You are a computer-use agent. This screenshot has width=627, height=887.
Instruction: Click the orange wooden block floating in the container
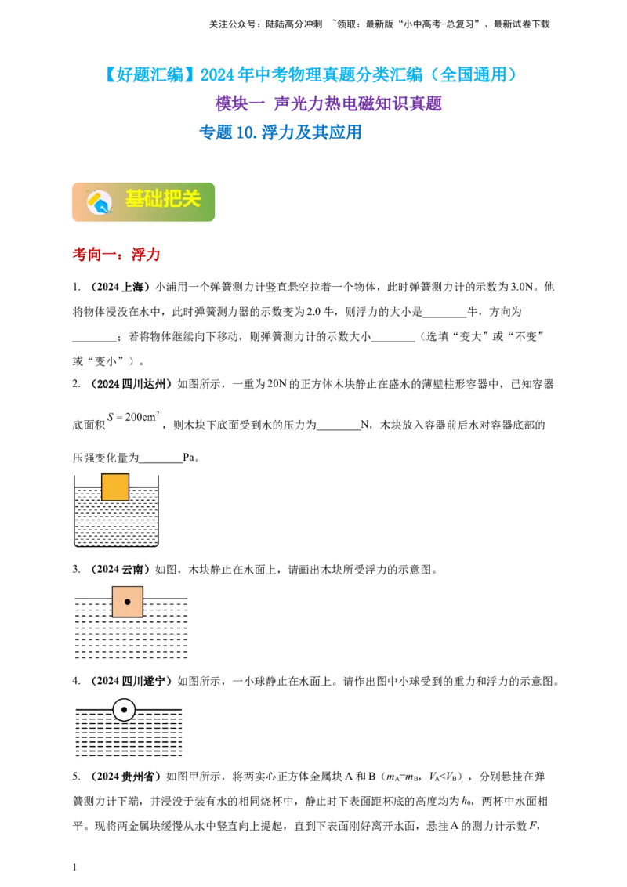pos(115,487)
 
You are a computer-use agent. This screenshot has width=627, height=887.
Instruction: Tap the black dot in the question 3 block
pos(127,602)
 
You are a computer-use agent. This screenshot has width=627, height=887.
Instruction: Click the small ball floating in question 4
pos(124,709)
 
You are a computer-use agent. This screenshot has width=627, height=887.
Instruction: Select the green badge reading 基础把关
pos(143,202)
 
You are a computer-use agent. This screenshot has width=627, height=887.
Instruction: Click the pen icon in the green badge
pos(99,202)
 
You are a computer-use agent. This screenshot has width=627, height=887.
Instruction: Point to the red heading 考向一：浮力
pos(116,255)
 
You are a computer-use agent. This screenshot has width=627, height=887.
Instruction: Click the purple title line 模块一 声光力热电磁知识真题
pos(328,103)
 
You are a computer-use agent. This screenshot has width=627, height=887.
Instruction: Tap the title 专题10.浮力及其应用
pos(280,132)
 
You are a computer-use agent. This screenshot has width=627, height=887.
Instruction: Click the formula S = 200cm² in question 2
pos(133,417)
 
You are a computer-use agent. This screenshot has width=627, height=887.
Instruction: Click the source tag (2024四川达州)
pos(131,384)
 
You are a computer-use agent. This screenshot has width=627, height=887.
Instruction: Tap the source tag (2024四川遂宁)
pos(131,682)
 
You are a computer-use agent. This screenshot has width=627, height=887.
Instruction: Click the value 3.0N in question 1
pos(522,287)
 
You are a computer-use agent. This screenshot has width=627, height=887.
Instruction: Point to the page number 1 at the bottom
pos(74,867)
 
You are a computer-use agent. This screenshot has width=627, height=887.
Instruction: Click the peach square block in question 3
pos(127,602)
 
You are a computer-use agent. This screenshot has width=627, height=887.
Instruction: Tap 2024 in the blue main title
pos(217,74)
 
